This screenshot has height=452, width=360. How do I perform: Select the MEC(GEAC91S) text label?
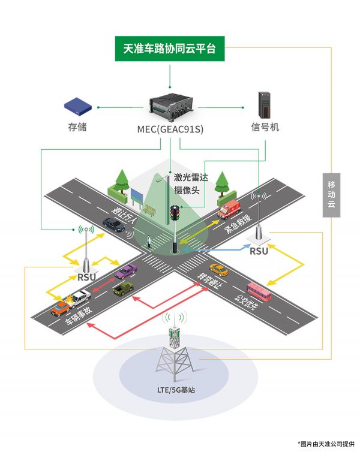tap(170, 128)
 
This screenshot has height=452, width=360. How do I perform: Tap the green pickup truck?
tap(122, 288)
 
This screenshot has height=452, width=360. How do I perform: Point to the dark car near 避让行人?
tap(114, 225)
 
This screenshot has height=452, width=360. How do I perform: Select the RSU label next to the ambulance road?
tap(259, 251)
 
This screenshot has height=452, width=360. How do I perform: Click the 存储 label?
tap(77, 128)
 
